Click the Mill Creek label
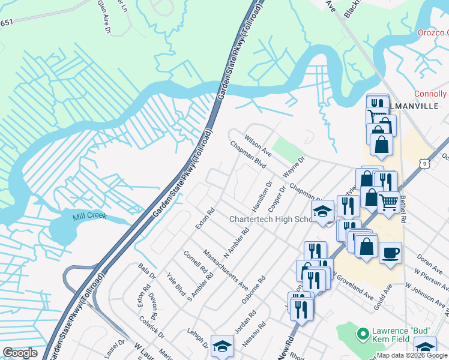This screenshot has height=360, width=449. (x=89, y=215)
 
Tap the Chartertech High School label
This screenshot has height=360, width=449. (x=270, y=219)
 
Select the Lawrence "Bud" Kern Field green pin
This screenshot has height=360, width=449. (x=363, y=333)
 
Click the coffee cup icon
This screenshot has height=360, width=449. (x=390, y=253)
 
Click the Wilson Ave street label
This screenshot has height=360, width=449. (x=258, y=146)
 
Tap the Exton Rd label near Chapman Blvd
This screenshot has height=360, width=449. (x=205, y=219)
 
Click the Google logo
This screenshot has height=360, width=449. (x=20, y=353)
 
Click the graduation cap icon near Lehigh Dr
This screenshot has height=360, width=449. (x=222, y=346)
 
